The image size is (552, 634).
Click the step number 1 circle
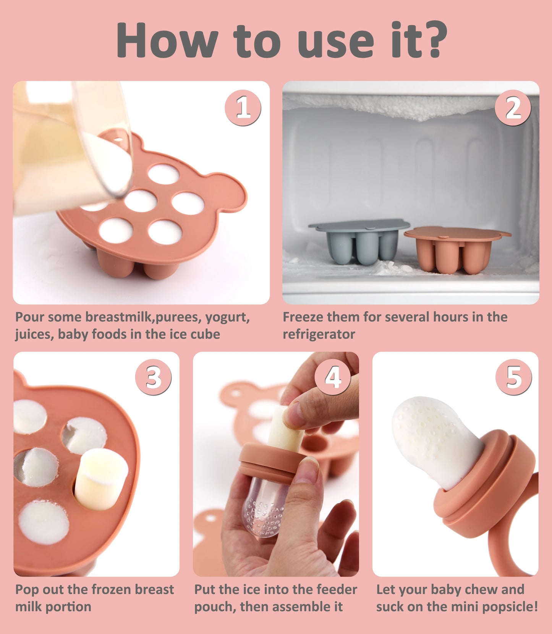point(243,108)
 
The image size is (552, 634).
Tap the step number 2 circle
point(513,108)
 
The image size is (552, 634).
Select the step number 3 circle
point(153,377)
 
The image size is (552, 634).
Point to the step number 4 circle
point(333,377)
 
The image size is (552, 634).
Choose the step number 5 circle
point(513,377)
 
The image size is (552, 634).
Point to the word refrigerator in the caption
point(319,334)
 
